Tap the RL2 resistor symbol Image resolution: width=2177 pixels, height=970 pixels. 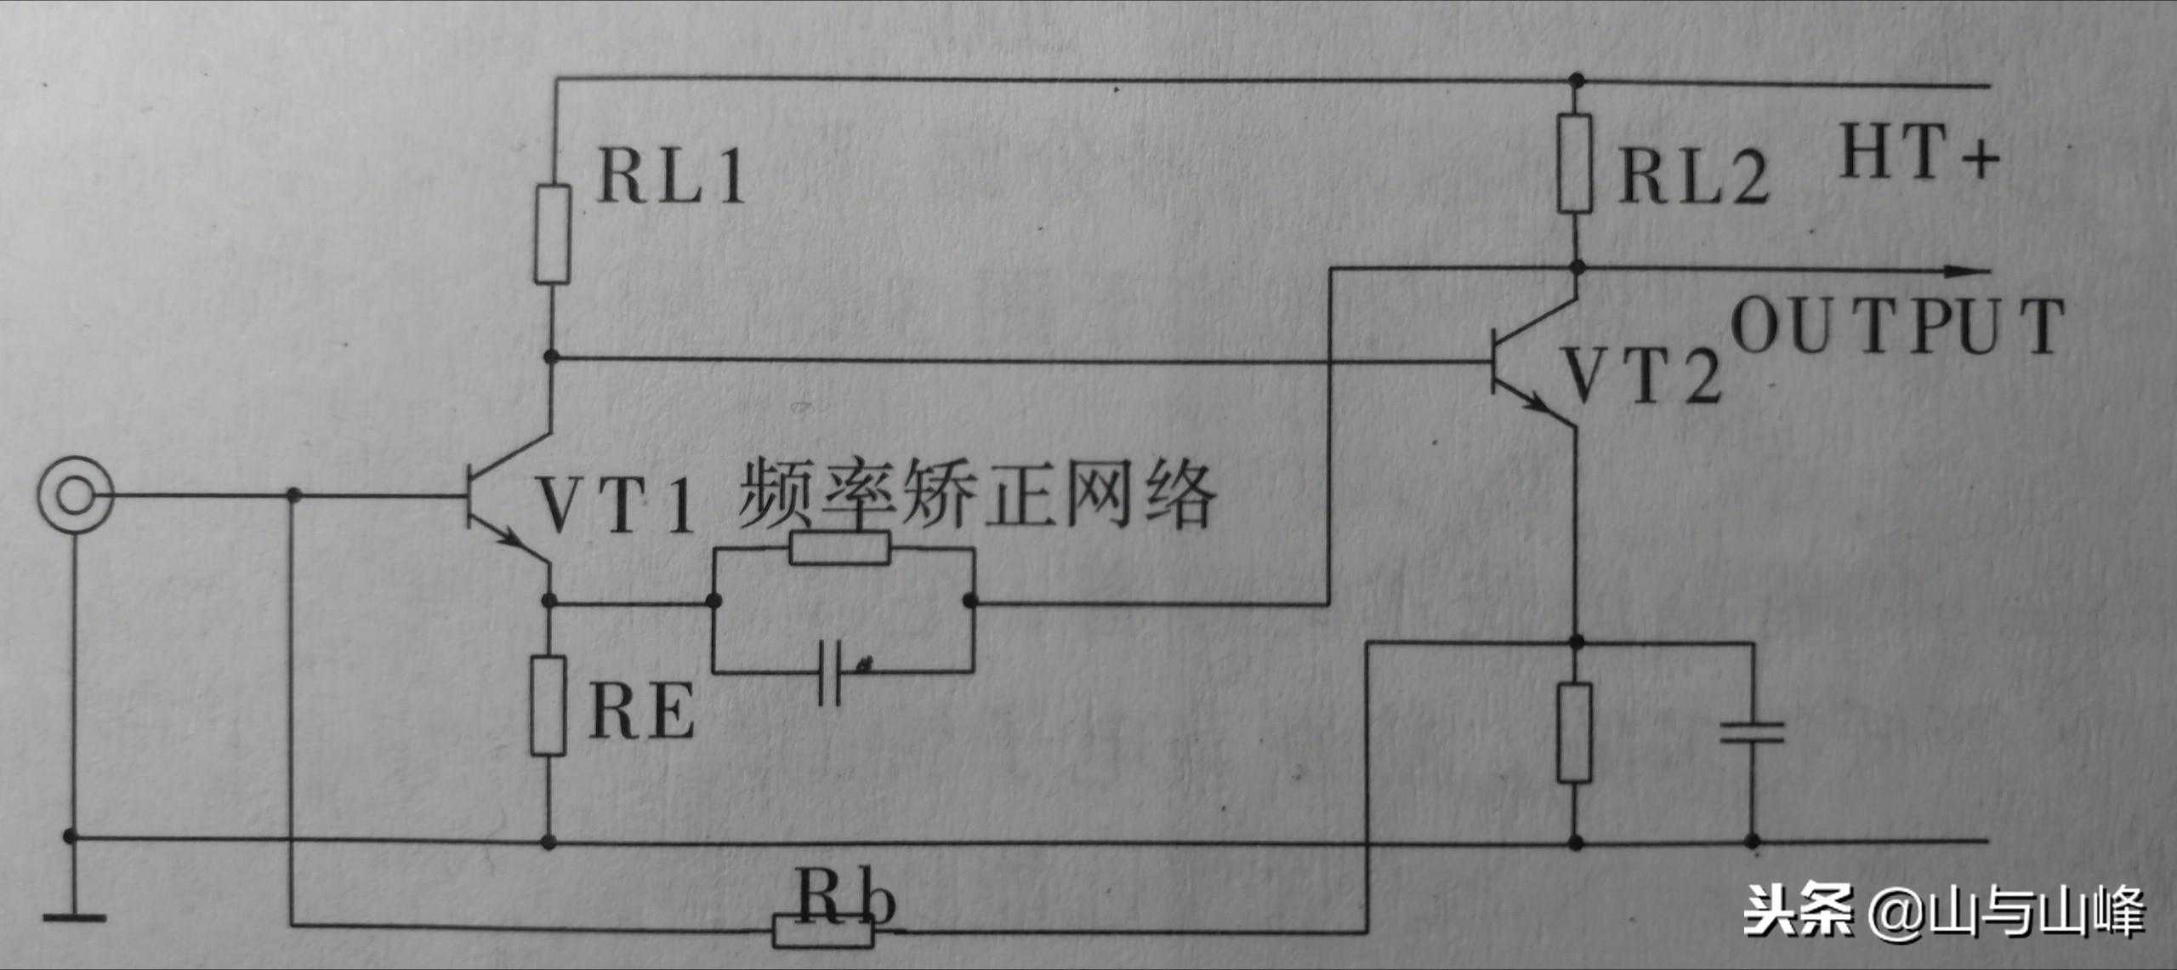[x=1574, y=163]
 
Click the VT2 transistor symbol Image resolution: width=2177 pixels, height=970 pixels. [x=1535, y=362]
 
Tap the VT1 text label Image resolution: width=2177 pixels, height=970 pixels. [x=616, y=508]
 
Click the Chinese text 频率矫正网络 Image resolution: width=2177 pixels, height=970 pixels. [x=976, y=495]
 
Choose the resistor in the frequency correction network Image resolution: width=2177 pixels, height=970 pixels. [x=840, y=549]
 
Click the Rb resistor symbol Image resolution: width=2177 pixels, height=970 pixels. [x=823, y=932]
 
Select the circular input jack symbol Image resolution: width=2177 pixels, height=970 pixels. [x=76, y=496]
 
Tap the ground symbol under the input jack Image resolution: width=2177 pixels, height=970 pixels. [x=74, y=917]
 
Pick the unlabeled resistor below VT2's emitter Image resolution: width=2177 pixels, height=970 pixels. [x=1574, y=733]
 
